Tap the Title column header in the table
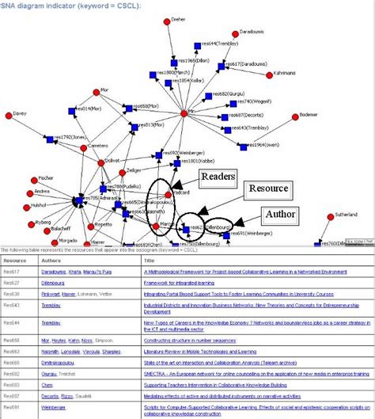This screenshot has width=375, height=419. pos(149,259)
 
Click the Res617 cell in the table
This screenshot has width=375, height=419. pos(11,271)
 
